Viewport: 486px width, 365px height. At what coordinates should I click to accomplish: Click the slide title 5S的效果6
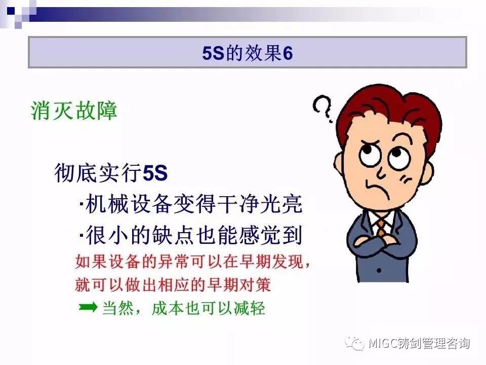[x=248, y=53]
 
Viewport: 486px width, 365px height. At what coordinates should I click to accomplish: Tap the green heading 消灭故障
[x=74, y=111]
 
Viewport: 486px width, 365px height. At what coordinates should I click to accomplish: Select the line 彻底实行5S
[x=111, y=172]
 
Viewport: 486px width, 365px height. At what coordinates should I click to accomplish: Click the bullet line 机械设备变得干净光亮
[x=191, y=204]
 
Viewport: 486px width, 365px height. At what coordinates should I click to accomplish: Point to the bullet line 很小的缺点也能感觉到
[x=191, y=235]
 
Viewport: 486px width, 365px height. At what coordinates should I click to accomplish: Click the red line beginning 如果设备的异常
[x=192, y=262]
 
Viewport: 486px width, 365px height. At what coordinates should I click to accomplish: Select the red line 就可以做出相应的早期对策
[x=173, y=284]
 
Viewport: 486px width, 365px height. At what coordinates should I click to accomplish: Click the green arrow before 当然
[x=88, y=307]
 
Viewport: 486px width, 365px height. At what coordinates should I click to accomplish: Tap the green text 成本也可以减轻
[x=208, y=308]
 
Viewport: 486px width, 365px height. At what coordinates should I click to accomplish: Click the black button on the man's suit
[x=379, y=270]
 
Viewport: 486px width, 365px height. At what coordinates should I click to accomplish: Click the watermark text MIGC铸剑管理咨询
[x=419, y=343]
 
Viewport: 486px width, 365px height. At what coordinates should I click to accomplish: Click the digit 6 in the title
[x=288, y=53]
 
